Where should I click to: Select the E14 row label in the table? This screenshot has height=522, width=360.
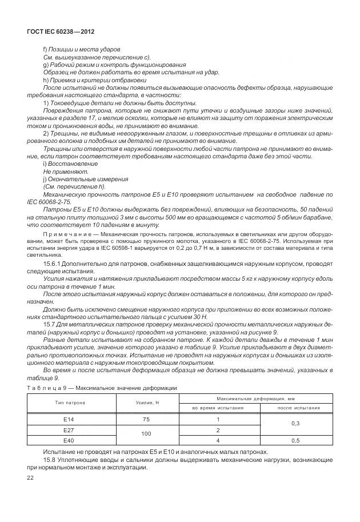pos(70,419)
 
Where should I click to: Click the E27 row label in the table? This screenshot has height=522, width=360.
pos(70,429)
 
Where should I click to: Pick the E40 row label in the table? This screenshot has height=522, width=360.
pos(70,440)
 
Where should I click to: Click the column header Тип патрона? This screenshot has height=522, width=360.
pos(70,403)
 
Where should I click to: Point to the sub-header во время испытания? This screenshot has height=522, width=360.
pos(218,408)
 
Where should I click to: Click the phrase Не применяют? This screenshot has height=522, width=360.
pos(62,171)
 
